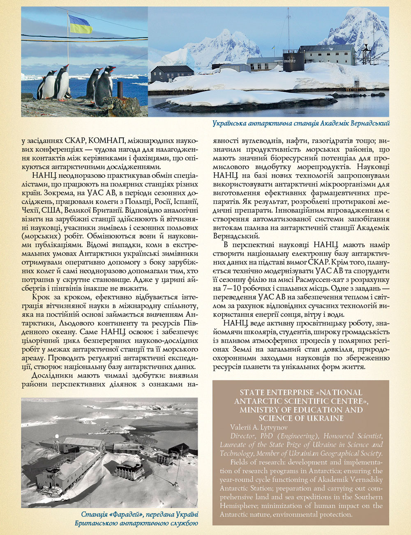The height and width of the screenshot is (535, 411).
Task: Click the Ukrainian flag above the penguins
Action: (x=81, y=24)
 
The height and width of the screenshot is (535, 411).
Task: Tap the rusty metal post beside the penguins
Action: (x=120, y=91)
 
